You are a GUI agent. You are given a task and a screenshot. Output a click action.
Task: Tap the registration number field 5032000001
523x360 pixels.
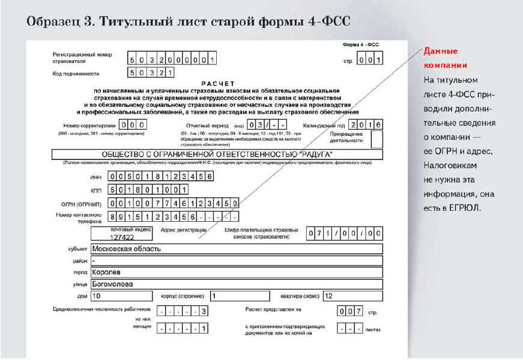[x=172, y=59]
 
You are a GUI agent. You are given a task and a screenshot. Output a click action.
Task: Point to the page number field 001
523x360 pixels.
[x=370, y=59]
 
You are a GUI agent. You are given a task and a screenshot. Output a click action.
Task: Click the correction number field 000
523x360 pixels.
[x=134, y=125]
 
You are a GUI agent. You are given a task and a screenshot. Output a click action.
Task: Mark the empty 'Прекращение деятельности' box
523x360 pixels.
[x=377, y=139]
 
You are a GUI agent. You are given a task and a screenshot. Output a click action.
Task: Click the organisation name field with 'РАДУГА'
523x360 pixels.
[x=217, y=154]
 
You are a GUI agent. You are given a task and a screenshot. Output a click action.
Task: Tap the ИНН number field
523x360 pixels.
[x=161, y=177]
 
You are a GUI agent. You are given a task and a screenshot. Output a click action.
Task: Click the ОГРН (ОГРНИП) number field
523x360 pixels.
[x=174, y=203]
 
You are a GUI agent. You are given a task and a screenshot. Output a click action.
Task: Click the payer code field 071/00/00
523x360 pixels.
[x=344, y=233]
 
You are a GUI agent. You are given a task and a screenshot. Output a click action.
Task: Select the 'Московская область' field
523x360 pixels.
[x=236, y=248]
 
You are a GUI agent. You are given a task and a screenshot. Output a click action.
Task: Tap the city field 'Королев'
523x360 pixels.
[x=236, y=272]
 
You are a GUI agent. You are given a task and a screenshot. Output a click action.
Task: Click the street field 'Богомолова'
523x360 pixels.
[x=236, y=284]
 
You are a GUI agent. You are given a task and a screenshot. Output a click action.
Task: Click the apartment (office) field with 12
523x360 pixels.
[x=352, y=296]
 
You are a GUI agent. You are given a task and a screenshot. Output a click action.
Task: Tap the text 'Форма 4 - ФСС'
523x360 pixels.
[x=360, y=45]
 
